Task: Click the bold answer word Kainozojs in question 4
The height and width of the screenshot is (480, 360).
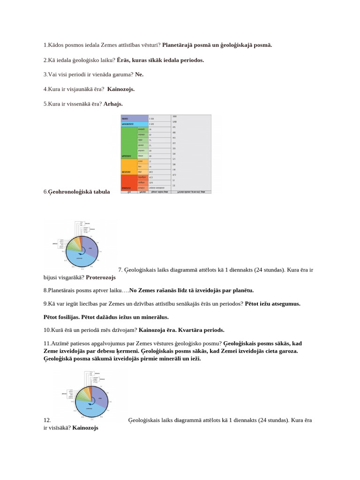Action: tap(121, 89)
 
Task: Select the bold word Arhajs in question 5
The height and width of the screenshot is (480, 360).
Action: tap(113, 104)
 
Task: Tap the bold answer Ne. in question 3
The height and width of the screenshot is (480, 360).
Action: tap(139, 75)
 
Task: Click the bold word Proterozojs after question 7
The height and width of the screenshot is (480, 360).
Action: tap(101, 277)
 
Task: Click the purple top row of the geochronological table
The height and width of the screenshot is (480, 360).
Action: tap(134, 119)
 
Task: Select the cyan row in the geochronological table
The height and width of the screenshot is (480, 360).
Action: tap(134, 124)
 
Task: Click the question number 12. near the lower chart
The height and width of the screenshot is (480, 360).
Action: tap(47, 420)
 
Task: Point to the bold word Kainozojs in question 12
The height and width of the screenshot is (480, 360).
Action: tap(85, 428)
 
